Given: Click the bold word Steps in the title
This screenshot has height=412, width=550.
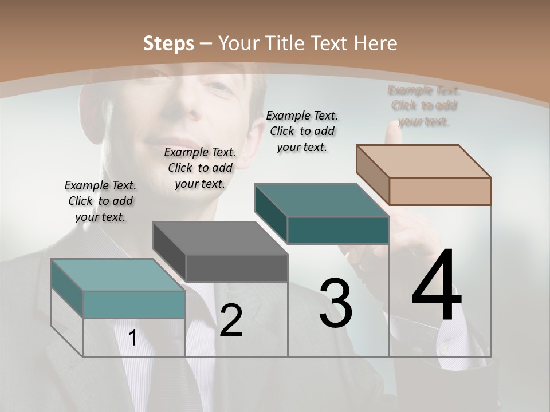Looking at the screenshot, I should [x=168, y=43].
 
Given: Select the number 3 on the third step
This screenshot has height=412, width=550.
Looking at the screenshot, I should [x=336, y=303].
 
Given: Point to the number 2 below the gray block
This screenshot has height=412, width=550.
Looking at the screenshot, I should [x=231, y=320].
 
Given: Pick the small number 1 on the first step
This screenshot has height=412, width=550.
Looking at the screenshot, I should [x=133, y=338].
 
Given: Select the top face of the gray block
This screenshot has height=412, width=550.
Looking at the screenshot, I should [x=220, y=238].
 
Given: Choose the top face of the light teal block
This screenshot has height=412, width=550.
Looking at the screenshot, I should [x=118, y=275].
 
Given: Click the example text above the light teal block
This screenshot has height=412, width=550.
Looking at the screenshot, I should [x=100, y=201].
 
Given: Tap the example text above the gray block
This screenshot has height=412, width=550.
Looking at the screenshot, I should [x=200, y=168].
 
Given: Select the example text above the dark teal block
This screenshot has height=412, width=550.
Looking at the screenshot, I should [x=302, y=131].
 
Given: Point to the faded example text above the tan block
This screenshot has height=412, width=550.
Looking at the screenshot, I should [x=424, y=106].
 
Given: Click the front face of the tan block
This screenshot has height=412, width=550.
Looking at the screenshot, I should [x=440, y=191].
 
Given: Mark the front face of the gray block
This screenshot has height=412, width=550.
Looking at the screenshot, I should [x=237, y=268].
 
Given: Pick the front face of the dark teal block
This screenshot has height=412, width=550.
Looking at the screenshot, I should [x=338, y=230].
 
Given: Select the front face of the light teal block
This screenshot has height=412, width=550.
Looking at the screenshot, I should [x=134, y=304].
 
